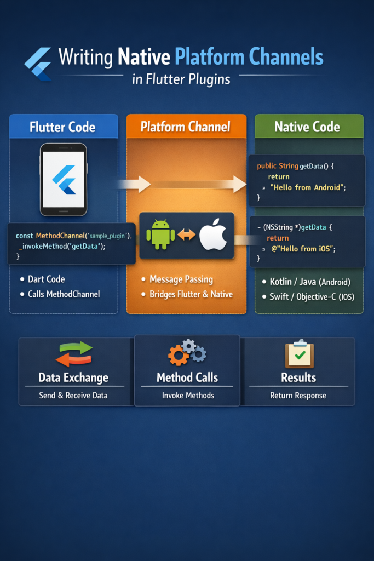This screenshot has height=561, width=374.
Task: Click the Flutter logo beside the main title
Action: (38, 63)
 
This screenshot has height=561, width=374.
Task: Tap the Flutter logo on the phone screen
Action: (64, 179)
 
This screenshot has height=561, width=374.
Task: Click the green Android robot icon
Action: (160, 234)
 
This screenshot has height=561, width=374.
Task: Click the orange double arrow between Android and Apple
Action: (187, 235)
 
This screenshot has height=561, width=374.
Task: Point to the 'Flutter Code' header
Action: (62, 127)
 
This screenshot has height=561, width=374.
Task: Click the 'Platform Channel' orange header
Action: (186, 127)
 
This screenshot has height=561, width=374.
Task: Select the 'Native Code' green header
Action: (307, 127)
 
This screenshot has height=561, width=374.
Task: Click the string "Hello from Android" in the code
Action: (309, 187)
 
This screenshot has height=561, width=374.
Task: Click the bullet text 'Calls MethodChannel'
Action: (64, 294)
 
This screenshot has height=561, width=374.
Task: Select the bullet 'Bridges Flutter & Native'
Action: (191, 294)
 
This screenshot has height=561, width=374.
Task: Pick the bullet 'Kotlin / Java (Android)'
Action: (310, 282)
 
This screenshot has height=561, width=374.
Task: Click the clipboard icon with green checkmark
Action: (299, 354)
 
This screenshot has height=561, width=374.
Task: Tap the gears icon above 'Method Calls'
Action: (187, 352)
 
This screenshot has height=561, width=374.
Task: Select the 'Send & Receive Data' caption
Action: (73, 396)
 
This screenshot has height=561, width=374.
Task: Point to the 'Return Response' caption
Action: (298, 396)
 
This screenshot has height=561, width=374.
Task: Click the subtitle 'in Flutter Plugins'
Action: (181, 79)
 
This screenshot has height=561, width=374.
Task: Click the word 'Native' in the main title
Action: (143, 57)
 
